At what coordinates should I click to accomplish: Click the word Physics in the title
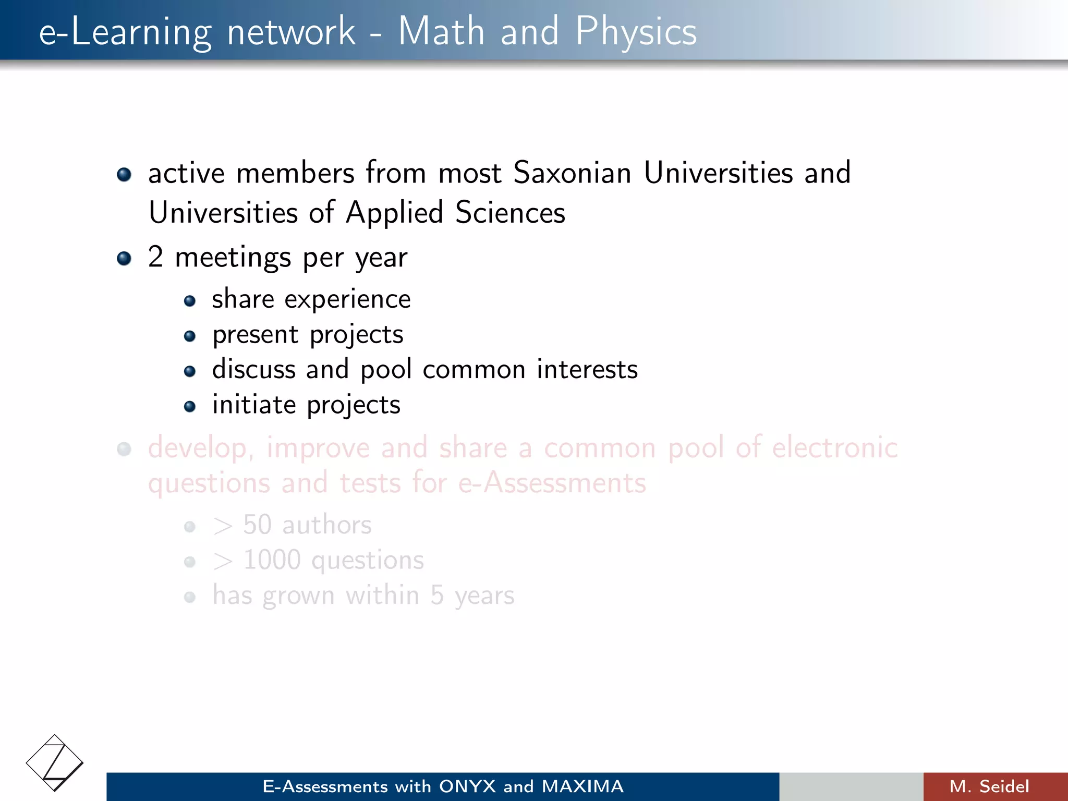[x=636, y=31]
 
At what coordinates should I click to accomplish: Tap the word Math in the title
[x=441, y=31]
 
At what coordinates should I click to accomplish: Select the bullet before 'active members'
[x=124, y=174]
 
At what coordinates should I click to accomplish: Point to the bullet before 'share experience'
[x=190, y=301]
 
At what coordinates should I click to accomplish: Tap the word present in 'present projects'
[x=255, y=335]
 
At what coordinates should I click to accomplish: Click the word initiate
[x=254, y=405]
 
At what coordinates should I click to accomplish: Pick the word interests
[x=587, y=370]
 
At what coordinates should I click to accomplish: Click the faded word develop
[x=200, y=448]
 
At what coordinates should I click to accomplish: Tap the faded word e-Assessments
[x=552, y=483]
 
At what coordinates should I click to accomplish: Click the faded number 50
[x=257, y=525]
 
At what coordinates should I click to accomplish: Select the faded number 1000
[x=272, y=560]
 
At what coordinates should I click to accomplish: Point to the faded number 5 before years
[x=437, y=595]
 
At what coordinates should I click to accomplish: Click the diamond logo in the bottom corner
[x=54, y=763]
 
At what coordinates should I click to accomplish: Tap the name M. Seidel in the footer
[x=989, y=786]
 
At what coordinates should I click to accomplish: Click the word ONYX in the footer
[x=467, y=786]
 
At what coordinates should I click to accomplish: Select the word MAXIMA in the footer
[x=582, y=786]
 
